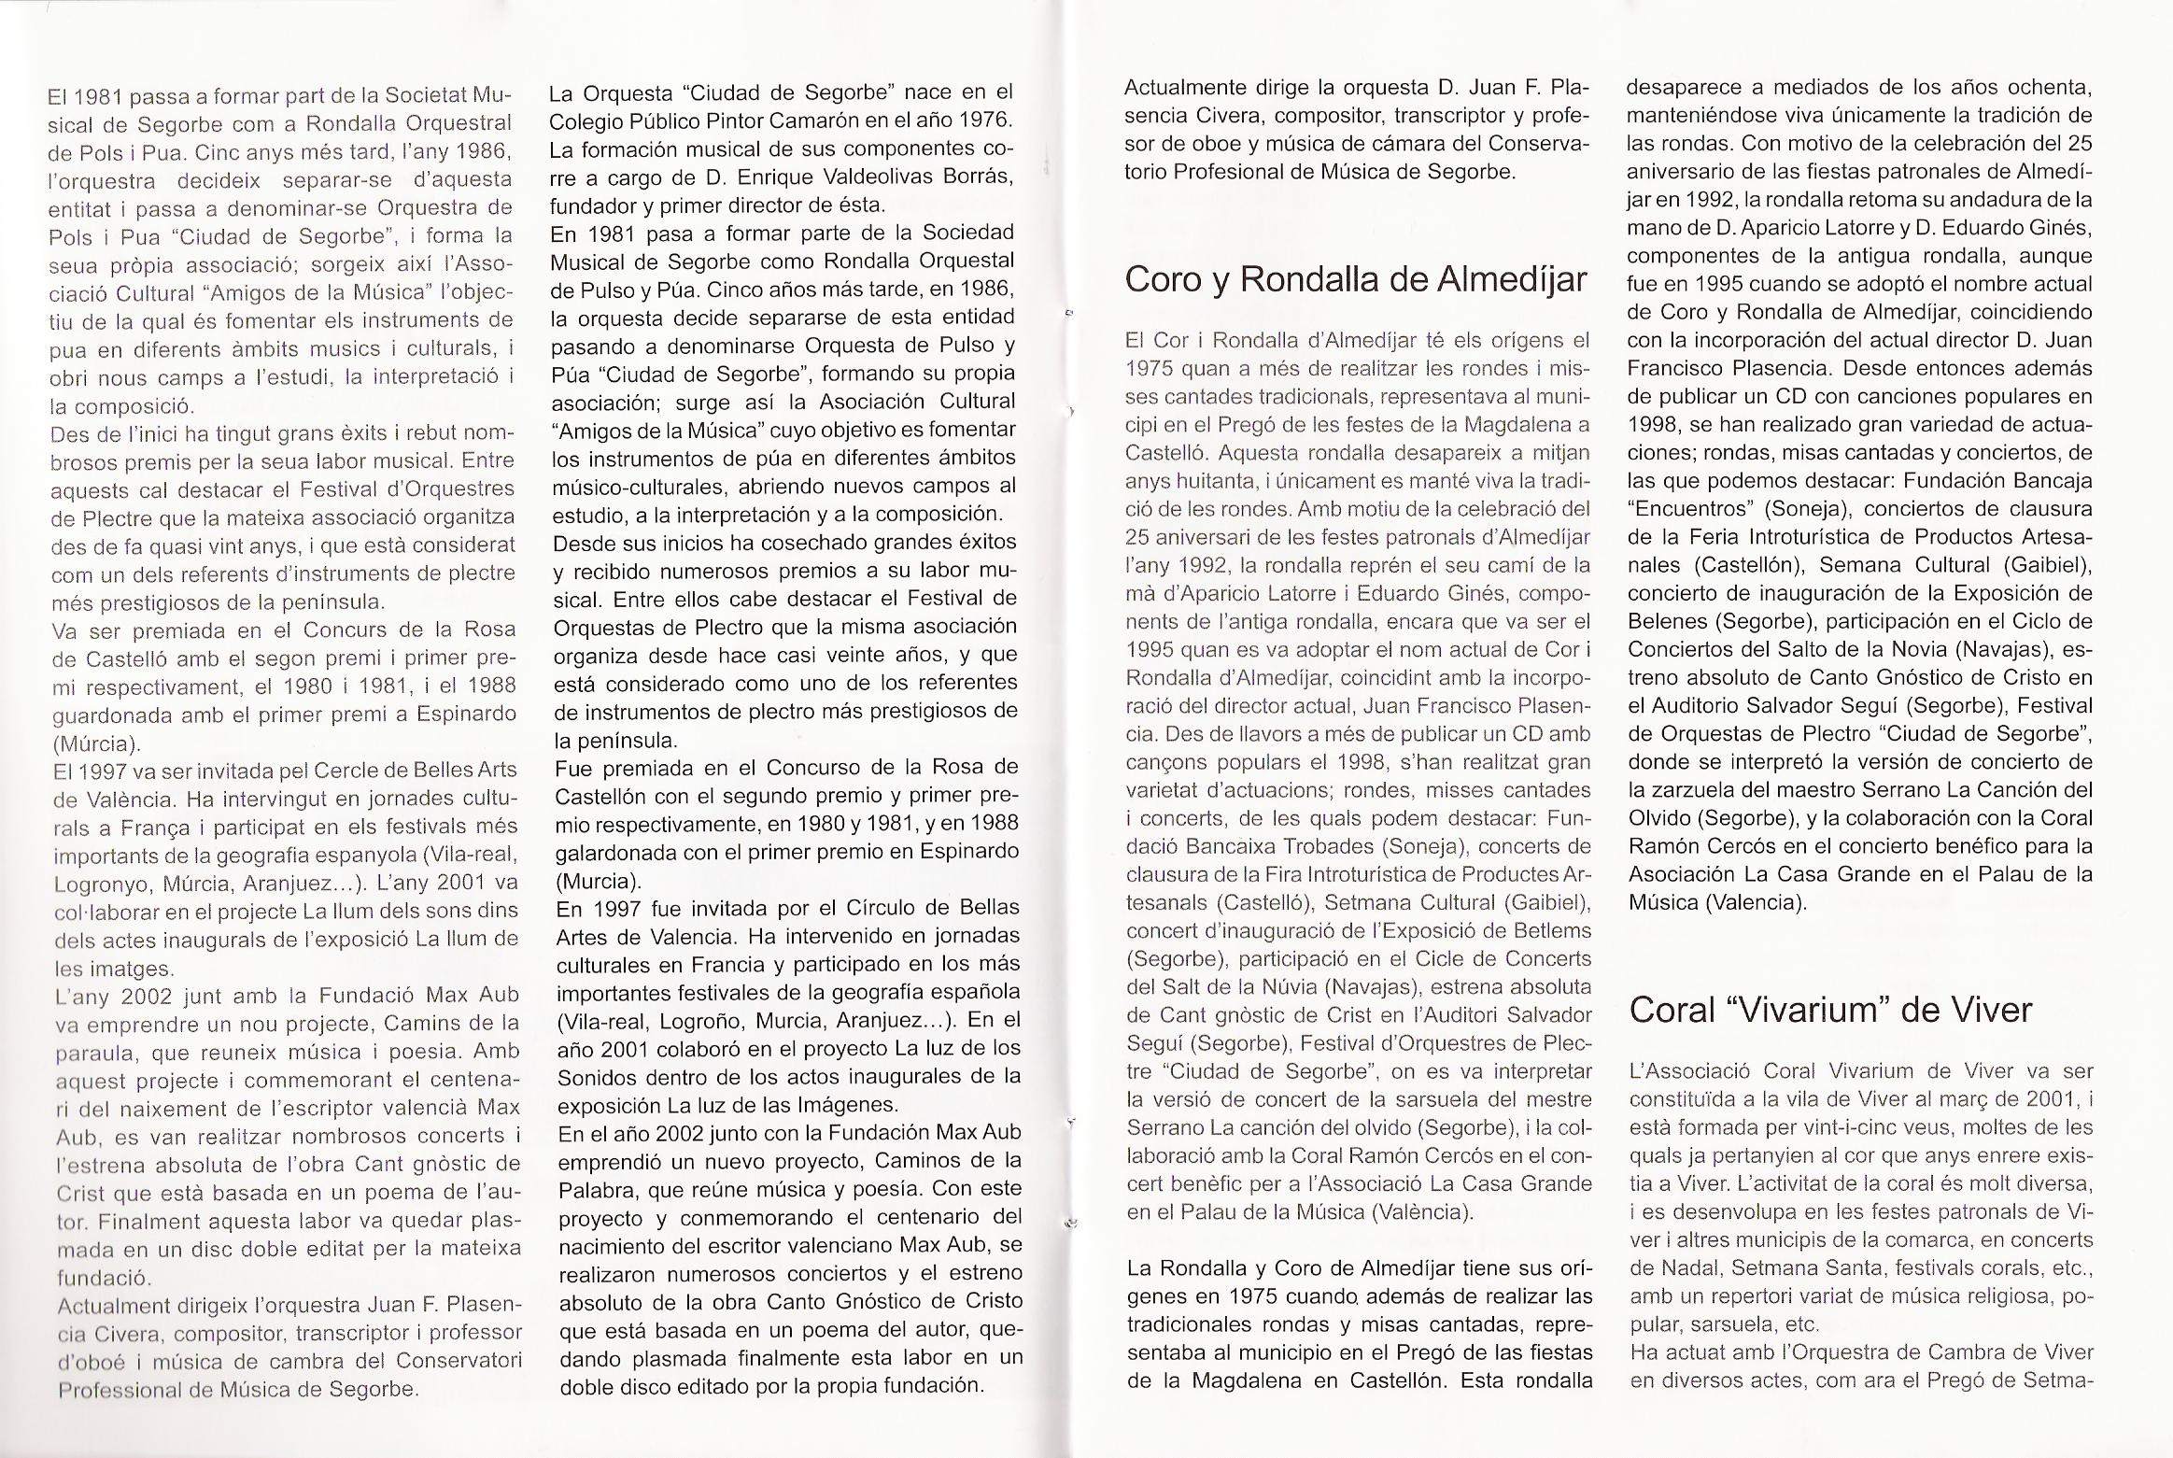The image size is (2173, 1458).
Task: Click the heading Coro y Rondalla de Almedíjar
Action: (x=1355, y=279)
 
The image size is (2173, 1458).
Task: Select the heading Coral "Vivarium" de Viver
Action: (x=1830, y=1010)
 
